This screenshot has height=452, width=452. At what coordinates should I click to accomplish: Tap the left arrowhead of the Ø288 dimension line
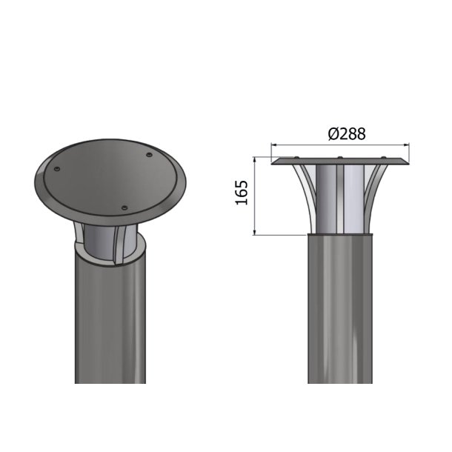pyautogui.click(x=275, y=146)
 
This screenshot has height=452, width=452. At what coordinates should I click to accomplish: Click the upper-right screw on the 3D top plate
pyautogui.click(x=149, y=155)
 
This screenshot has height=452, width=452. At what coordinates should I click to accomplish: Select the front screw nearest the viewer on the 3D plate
pyautogui.click(x=124, y=207)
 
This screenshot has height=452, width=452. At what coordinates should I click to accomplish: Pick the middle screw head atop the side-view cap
pyautogui.click(x=339, y=158)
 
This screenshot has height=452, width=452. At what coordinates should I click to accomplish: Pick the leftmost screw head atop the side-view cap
pyautogui.click(x=296, y=158)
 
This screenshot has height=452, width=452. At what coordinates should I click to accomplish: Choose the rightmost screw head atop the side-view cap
pyautogui.click(x=383, y=158)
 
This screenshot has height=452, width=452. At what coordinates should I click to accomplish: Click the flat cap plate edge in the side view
pyautogui.click(x=339, y=162)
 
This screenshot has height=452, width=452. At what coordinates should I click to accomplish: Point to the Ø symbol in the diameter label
pyautogui.click(x=333, y=134)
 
